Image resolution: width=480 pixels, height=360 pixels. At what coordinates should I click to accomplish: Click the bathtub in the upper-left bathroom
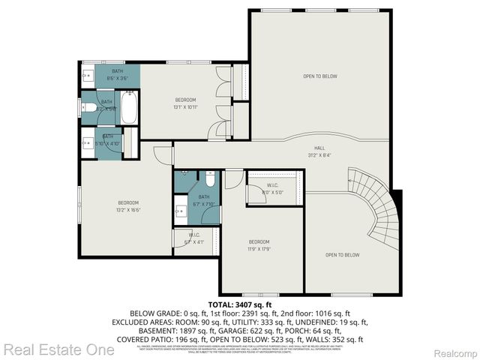coord(128,108)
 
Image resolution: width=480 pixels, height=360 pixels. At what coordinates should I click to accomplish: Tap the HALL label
coord(319,148)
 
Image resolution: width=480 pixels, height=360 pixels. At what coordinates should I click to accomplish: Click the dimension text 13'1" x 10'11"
coord(186,106)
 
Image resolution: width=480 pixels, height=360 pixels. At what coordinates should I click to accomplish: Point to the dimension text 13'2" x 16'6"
coord(127,210)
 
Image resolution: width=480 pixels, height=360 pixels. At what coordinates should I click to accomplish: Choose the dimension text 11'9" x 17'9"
coord(259,248)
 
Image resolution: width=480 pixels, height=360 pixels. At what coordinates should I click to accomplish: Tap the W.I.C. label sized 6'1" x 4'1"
coord(193,241)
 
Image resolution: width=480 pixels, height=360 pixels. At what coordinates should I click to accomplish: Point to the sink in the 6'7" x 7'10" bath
coord(181,211)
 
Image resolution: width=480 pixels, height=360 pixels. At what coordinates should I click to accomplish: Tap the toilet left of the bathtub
coord(90,109)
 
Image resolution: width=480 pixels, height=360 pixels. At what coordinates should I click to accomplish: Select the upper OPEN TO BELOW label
coord(319,76)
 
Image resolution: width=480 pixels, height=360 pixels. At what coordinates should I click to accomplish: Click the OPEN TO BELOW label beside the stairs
coord(341,255)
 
